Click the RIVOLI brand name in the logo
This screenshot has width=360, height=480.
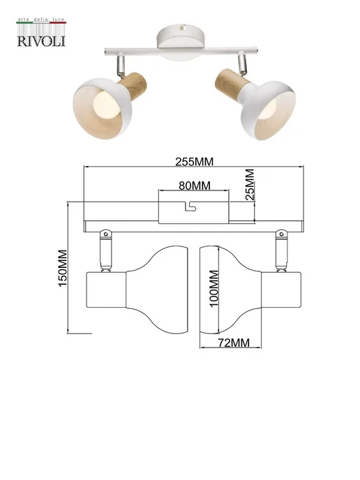[41, 41]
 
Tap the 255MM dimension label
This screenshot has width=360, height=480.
[194, 161]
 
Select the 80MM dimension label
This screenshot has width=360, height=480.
[195, 186]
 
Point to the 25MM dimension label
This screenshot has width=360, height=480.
[250, 184]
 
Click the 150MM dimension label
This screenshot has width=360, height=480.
[63, 268]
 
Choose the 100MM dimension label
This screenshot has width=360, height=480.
[213, 288]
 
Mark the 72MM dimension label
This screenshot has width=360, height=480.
[234, 343]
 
